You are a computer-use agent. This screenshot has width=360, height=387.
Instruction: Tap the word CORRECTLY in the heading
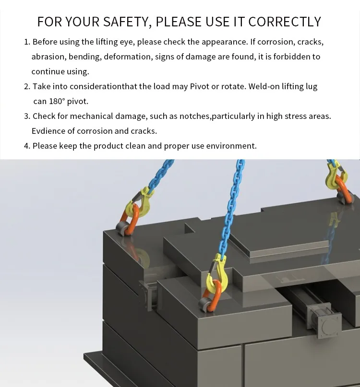[284, 22]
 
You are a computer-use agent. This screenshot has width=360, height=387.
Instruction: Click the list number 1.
[27, 42]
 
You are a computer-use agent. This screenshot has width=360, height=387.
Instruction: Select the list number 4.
[27, 146]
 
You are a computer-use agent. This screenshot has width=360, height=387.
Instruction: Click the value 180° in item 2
[57, 101]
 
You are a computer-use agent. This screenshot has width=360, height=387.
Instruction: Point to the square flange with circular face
[330, 325]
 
